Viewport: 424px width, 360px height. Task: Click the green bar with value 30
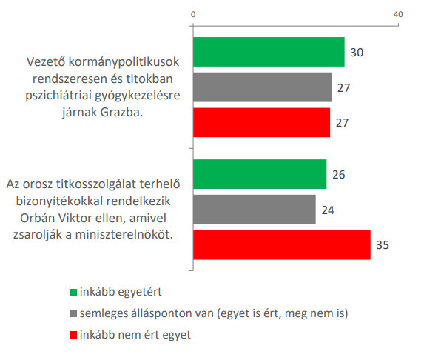(x=269, y=52)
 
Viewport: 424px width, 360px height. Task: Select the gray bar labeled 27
(x=262, y=87)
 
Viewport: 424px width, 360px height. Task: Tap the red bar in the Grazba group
(x=261, y=123)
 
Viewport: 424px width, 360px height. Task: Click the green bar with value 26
(x=260, y=174)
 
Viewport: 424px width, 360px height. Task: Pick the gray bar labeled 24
(x=255, y=210)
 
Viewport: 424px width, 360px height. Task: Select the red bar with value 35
(x=282, y=245)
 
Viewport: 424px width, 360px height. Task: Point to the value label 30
(x=357, y=53)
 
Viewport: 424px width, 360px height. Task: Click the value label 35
(x=383, y=245)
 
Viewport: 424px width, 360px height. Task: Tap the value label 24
(x=328, y=210)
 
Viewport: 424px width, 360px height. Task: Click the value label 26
(x=339, y=175)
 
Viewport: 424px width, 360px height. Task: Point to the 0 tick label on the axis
(x=193, y=14)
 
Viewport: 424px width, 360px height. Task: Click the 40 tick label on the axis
(x=398, y=14)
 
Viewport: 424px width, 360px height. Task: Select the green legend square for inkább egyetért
(x=73, y=293)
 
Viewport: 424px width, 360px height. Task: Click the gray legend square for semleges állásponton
(x=73, y=313)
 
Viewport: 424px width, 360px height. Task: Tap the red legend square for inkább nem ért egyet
(x=73, y=335)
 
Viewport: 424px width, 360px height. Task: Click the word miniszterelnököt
(x=124, y=234)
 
